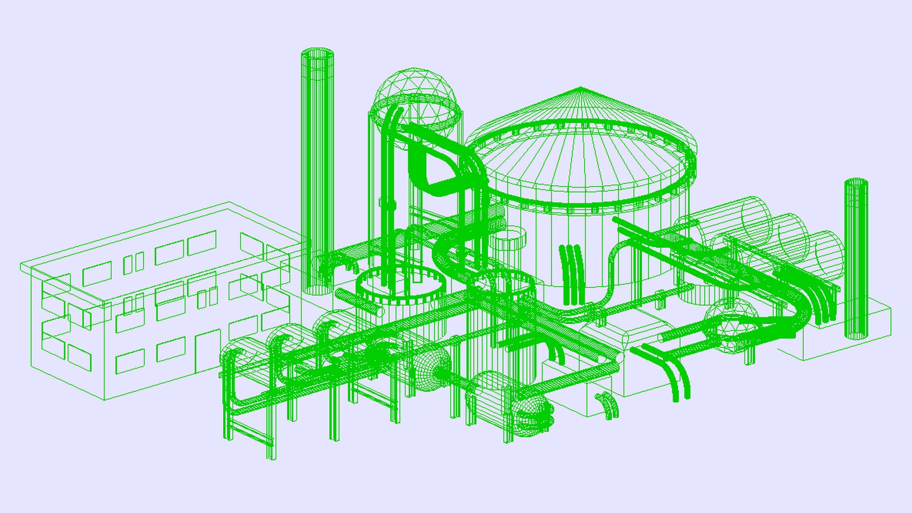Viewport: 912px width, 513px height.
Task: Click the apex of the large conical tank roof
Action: click(x=580, y=88)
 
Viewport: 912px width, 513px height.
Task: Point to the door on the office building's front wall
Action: click(x=208, y=351)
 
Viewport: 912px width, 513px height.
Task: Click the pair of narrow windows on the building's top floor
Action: click(x=133, y=264)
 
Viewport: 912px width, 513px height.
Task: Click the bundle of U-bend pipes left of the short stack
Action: click(x=817, y=304)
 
